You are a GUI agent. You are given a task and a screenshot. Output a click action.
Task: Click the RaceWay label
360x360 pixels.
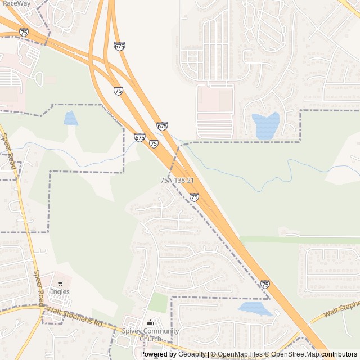(16, 3)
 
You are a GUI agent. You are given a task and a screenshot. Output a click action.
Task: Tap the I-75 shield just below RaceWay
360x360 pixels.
(24, 33)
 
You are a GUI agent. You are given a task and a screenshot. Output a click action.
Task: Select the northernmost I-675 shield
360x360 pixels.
(119, 46)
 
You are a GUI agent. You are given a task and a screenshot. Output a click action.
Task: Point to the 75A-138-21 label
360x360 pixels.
(177, 180)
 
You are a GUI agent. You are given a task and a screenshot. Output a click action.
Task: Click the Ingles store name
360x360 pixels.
(60, 291)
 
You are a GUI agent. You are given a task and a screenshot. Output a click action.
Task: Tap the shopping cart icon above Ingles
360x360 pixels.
(60, 283)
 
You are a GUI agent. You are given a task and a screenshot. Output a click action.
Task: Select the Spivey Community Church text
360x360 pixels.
(150, 335)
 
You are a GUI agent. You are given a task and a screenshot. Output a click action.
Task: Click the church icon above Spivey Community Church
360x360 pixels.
(150, 323)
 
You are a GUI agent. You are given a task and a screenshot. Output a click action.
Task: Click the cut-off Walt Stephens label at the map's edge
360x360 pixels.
(341, 307)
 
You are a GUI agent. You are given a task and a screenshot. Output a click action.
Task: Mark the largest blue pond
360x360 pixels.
(266, 125)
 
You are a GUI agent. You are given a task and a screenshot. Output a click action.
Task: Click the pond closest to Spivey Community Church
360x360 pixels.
(254, 308)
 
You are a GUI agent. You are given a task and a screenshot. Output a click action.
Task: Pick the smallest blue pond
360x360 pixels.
(71, 118)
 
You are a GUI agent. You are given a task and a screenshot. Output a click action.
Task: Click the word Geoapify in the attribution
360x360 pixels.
(192, 354)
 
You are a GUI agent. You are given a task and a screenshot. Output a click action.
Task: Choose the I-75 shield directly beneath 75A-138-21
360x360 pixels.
(194, 197)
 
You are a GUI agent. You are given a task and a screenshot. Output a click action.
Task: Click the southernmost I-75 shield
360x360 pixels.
(265, 285)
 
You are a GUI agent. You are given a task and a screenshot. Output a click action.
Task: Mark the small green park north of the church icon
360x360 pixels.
(158, 303)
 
